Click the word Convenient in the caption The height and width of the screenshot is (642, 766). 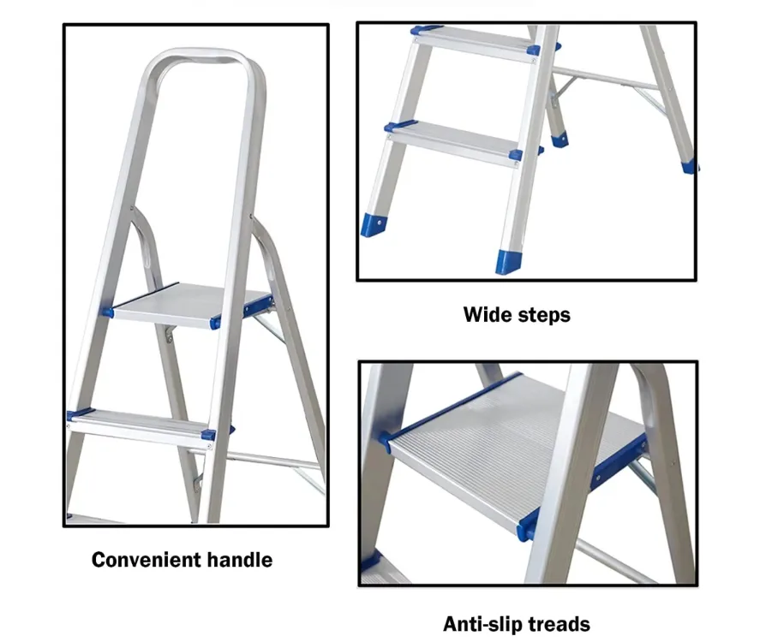click(146, 561)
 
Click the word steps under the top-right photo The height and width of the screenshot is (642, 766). click(543, 315)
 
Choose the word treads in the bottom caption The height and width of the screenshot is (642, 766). click(558, 624)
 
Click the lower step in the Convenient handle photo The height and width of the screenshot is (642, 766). click(137, 421)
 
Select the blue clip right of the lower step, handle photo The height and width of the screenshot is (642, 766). click(208, 434)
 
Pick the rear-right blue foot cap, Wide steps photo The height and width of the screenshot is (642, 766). click(689, 167)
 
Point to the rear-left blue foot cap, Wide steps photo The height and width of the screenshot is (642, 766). click(559, 139)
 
